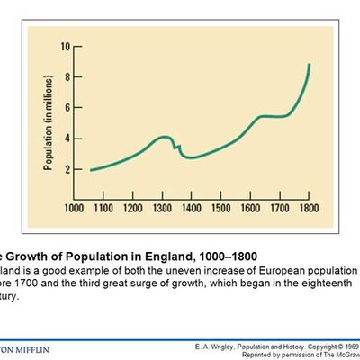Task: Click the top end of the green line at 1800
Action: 310,65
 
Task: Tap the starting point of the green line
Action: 90,169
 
